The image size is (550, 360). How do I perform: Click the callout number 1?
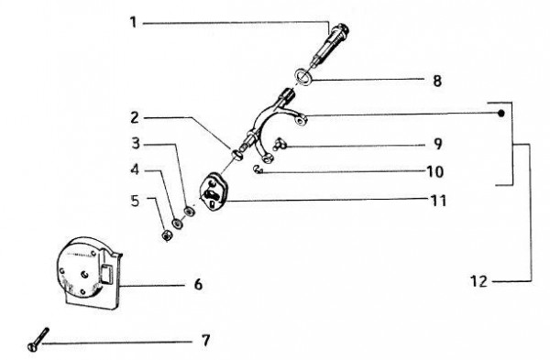[133, 23]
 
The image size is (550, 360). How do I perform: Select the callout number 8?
[436, 81]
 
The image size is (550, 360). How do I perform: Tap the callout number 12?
[478, 281]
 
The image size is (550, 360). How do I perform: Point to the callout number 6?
[199, 284]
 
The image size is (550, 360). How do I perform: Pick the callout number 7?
[206, 341]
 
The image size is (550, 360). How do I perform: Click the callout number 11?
[438, 201]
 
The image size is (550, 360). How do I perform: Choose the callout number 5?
[135, 201]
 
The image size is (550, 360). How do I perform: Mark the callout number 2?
[135, 118]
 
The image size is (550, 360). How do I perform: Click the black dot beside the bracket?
[501, 114]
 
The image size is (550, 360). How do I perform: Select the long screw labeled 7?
[38, 339]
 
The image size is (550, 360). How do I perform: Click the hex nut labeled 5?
[167, 235]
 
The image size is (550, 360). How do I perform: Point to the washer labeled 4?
[177, 224]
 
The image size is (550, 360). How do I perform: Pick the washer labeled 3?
[190, 212]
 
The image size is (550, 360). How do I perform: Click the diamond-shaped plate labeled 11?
[213, 192]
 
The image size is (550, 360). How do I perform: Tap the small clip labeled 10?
[258, 170]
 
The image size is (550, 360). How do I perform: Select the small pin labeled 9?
[280, 144]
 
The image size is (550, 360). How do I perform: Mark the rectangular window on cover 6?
[106, 273]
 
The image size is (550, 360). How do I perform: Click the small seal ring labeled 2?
[237, 155]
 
